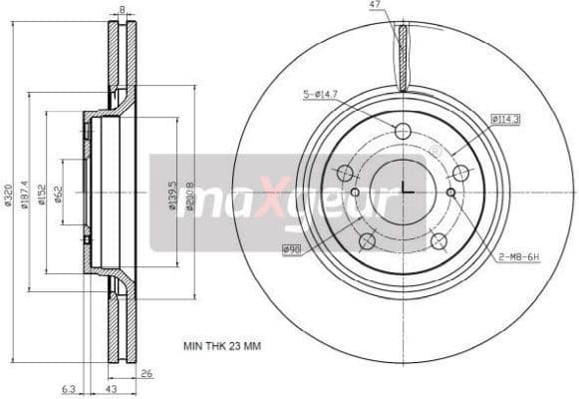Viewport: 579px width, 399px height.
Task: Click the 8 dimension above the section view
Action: click(x=122, y=9)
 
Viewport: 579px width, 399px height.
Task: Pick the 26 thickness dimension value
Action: click(x=147, y=374)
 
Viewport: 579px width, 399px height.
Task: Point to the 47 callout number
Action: click(x=375, y=6)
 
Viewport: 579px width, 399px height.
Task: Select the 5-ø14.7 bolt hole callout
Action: click(x=320, y=95)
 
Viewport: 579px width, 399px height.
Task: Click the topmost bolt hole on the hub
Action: click(x=403, y=131)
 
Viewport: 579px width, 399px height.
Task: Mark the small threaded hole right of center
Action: click(x=450, y=192)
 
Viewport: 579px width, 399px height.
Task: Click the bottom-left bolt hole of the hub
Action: click(x=367, y=240)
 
